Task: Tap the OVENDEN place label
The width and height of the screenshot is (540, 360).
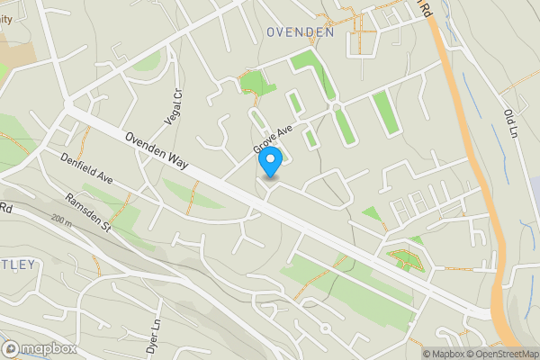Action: pos(301,31)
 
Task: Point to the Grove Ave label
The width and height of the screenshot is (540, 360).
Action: pos(274,137)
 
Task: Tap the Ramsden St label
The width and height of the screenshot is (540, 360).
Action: pos(87,212)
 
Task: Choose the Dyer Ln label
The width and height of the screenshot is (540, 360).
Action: pos(154,337)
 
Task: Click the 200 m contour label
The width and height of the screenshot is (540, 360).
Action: pos(61,220)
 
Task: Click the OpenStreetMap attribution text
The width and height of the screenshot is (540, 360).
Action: pos(500,354)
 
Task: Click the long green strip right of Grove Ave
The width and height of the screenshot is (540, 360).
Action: pos(384,112)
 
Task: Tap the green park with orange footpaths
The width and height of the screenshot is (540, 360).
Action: pos(404,261)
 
